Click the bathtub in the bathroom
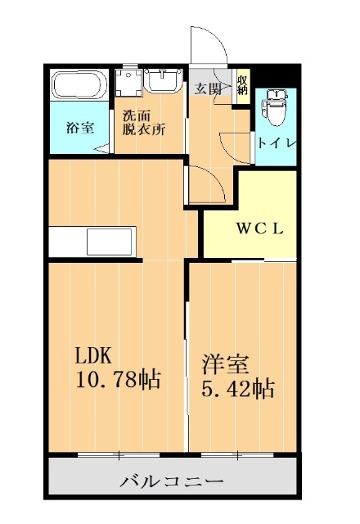(x=78, y=85)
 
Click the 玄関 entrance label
(x=208, y=88)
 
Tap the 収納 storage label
(x=242, y=85)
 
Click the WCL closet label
(x=260, y=229)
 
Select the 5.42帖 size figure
(x=237, y=387)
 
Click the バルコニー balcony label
(x=171, y=481)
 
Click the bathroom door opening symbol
(x=101, y=147)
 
